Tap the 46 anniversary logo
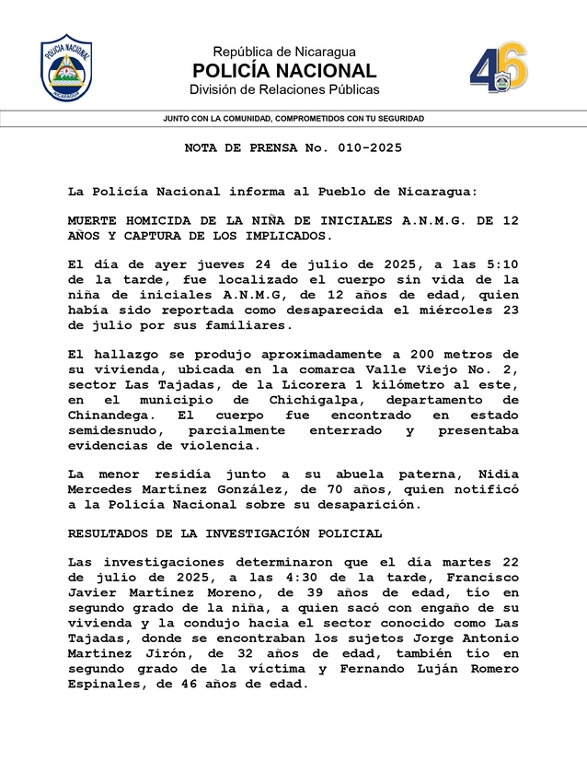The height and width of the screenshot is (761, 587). point(499,68)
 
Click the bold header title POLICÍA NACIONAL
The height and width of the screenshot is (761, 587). point(284,71)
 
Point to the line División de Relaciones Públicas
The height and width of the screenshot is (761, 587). point(284,89)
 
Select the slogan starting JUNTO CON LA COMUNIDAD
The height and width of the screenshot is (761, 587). point(293,119)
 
